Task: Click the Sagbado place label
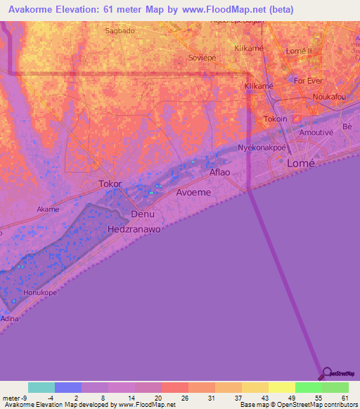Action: click(x=119, y=31)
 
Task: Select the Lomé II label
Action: click(x=303, y=51)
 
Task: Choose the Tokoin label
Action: click(x=276, y=119)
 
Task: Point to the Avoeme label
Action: click(x=193, y=192)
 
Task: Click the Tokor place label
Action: click(x=110, y=184)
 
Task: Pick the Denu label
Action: click(x=143, y=214)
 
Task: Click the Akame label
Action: click(x=48, y=209)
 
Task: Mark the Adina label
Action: click(x=10, y=318)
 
